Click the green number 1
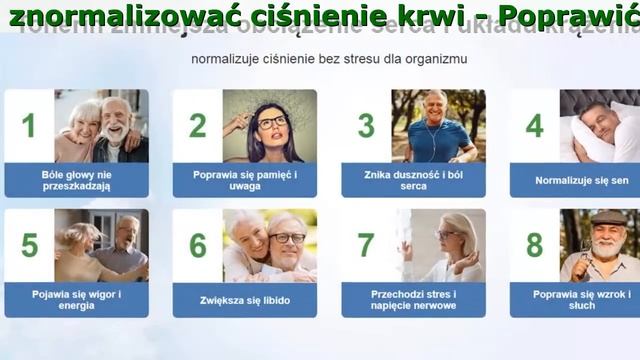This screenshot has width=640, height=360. click(28, 125)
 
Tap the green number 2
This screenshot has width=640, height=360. click(197, 125)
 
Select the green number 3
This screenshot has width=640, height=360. click(366, 125)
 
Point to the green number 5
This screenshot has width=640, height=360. click(29, 245)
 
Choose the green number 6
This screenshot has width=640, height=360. click(198, 245)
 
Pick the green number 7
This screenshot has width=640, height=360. click(366, 245)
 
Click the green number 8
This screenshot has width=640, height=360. click(535, 245)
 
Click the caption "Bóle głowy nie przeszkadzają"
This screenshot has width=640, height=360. click(76, 180)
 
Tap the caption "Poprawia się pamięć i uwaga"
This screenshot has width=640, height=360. click(245, 180)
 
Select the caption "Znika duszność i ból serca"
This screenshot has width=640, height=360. click(413, 180)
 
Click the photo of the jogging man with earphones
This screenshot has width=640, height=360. click(438, 126)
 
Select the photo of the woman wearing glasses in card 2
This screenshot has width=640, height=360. click(269, 126)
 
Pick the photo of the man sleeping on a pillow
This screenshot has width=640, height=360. click(600, 126)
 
